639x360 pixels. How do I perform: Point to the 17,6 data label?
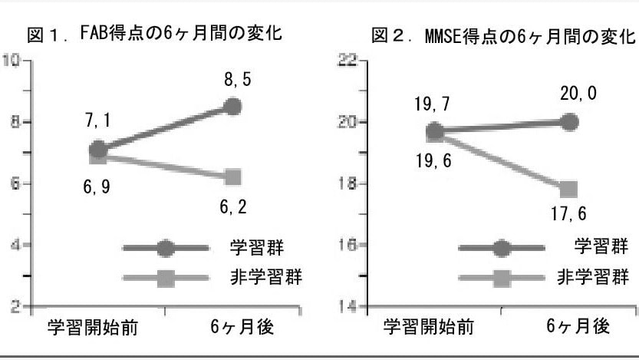click(x=568, y=216)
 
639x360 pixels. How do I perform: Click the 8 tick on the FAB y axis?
click(x=13, y=122)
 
